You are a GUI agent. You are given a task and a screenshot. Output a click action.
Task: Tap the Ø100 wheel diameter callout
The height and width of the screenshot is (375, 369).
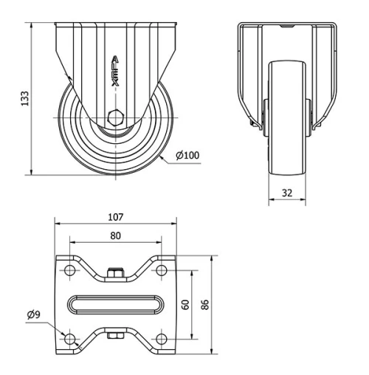coord(189,155)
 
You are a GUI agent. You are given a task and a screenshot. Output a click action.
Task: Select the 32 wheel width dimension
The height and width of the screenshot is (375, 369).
coord(287,193)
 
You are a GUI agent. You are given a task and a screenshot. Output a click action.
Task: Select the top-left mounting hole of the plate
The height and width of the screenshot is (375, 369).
coord(70,271)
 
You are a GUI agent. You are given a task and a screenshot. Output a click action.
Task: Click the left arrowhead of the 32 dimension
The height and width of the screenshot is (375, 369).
coord(271,200)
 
